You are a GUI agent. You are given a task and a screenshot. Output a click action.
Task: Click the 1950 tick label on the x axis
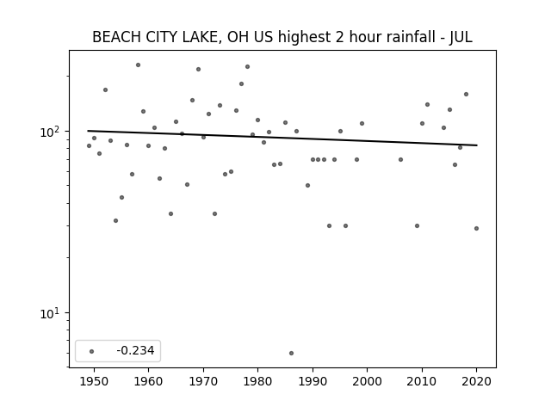click(94, 381)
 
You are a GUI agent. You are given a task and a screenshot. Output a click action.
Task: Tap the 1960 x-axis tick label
click(149, 381)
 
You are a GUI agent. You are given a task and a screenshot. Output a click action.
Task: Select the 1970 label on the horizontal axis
click(203, 381)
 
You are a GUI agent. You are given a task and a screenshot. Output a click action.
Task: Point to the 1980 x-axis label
click(258, 381)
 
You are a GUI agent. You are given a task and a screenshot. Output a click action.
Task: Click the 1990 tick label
click(313, 381)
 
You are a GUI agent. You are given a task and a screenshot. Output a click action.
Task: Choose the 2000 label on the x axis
click(368, 381)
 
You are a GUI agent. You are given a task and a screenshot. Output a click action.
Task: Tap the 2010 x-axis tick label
click(422, 381)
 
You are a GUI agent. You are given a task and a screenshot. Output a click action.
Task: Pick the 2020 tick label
click(476, 381)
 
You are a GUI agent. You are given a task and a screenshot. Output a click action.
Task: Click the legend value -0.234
click(135, 350)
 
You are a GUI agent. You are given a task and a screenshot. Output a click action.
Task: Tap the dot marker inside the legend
click(92, 351)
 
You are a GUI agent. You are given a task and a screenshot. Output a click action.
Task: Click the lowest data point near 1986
click(291, 353)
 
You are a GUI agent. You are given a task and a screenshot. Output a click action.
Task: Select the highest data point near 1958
click(138, 65)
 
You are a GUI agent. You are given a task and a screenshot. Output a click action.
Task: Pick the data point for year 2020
click(476, 228)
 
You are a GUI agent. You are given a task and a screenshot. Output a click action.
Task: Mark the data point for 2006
click(400, 159)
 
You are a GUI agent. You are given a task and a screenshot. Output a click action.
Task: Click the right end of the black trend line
click(477, 145)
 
